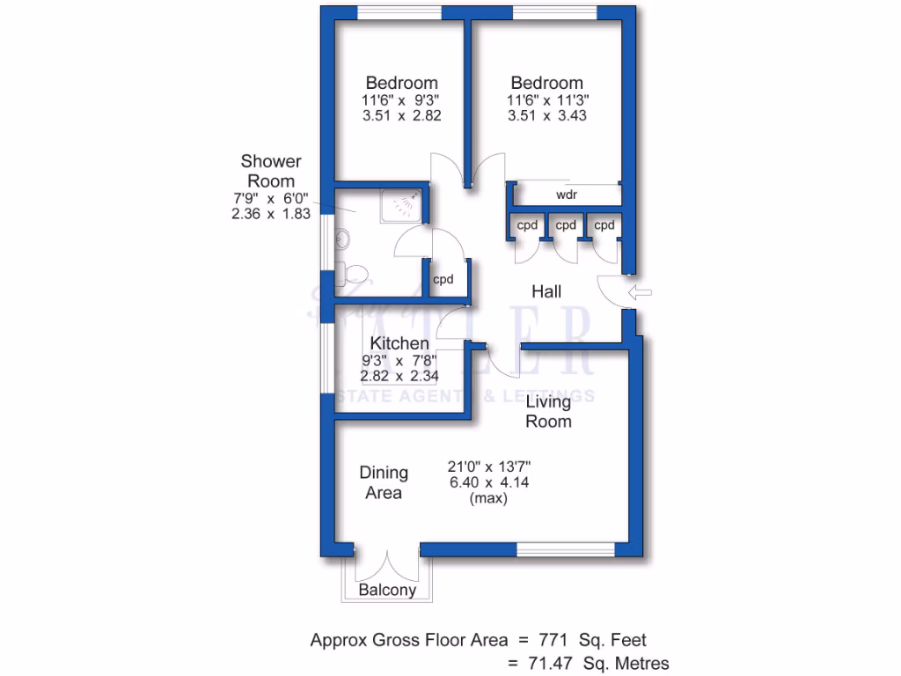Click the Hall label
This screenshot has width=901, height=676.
click(x=546, y=291)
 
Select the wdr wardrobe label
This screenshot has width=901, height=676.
click(x=566, y=194)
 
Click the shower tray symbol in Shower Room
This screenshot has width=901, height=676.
click(x=403, y=205)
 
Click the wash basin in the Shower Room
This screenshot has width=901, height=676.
click(x=343, y=239)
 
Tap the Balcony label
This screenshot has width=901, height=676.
click(x=387, y=591)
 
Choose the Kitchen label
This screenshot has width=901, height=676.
click(x=399, y=343)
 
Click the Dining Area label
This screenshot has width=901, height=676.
click(x=384, y=483)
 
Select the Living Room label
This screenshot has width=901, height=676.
click(x=548, y=412)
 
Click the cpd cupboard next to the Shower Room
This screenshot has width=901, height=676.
click(x=443, y=280)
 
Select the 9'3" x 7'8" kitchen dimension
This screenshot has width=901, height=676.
click(x=400, y=360)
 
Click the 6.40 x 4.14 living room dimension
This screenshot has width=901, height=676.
click(x=488, y=481)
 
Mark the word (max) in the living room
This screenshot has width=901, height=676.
click(x=488, y=497)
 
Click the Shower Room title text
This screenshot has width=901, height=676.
click(x=271, y=171)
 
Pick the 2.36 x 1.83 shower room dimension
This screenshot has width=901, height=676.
click(x=271, y=214)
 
